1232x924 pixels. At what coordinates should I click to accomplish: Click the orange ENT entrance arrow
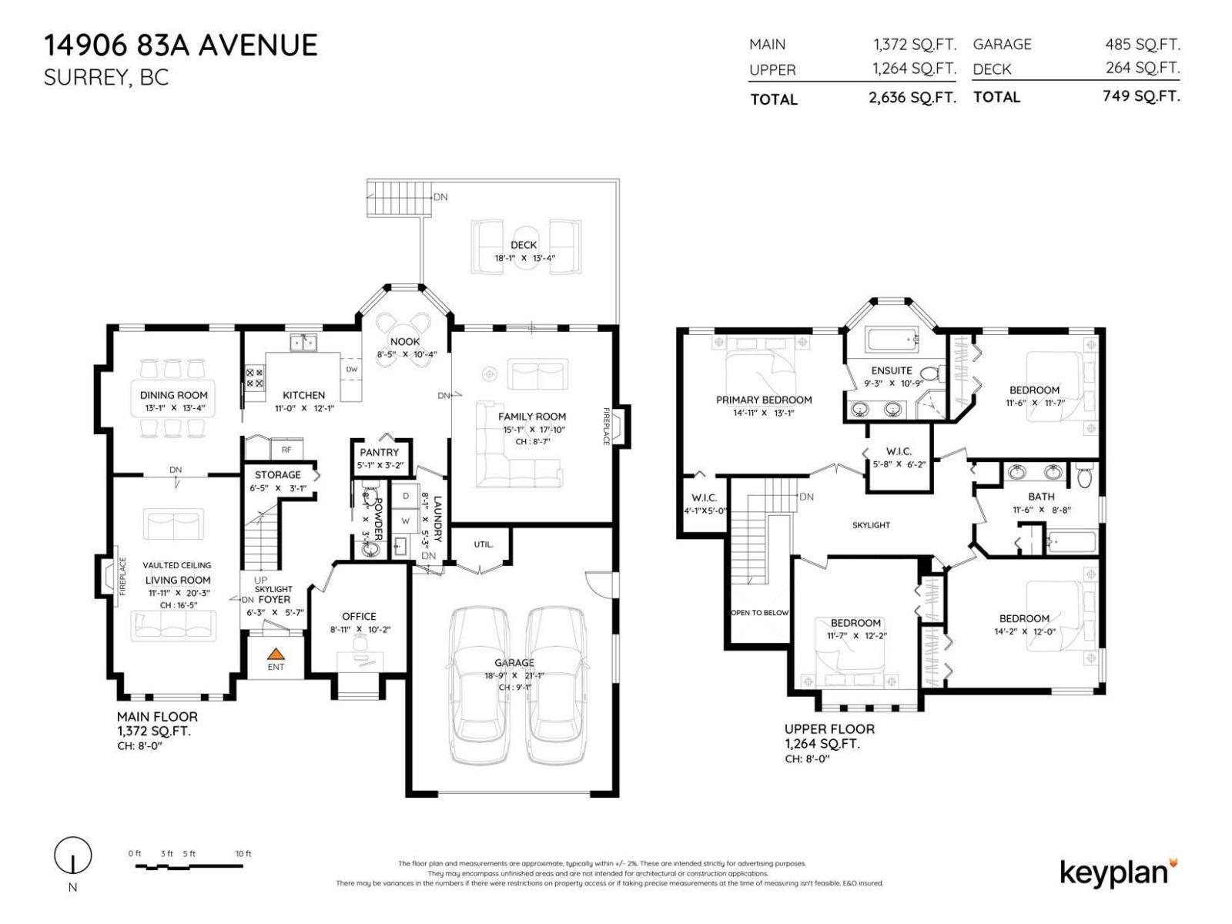(x=275, y=654)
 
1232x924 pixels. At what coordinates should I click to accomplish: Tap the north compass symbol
(x=72, y=855)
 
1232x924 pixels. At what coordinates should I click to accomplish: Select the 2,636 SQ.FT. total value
(x=912, y=98)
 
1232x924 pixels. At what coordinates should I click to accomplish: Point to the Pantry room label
(x=380, y=452)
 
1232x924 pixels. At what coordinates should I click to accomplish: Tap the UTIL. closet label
(x=483, y=544)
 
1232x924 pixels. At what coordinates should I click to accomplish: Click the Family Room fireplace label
(x=606, y=426)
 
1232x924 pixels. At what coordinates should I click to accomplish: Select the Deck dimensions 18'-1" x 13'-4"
(x=524, y=259)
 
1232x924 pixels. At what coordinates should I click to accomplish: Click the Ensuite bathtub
(x=891, y=339)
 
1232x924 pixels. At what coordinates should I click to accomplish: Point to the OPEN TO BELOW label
(x=759, y=613)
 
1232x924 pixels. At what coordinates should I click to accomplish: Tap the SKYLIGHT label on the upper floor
(x=871, y=525)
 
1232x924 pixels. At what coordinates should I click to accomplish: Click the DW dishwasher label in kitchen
(x=351, y=370)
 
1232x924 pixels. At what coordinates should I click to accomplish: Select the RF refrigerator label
(x=286, y=450)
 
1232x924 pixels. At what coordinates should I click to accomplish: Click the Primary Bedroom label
(x=764, y=400)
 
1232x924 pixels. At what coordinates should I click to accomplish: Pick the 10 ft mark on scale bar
(x=243, y=854)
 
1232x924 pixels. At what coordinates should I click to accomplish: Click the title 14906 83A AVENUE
(x=180, y=45)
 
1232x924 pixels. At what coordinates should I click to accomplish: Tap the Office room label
(x=359, y=616)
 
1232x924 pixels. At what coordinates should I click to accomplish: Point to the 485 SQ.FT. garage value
(x=1142, y=45)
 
